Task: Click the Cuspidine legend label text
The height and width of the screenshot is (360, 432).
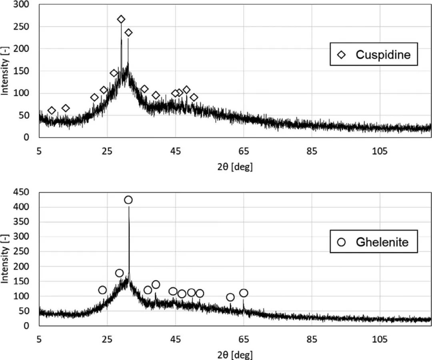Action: coord(383,55)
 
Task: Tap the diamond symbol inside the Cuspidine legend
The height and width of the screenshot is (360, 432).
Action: coord(342,55)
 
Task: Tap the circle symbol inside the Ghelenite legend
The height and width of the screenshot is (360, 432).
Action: coord(341,242)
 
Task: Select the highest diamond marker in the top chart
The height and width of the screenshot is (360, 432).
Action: coord(121,19)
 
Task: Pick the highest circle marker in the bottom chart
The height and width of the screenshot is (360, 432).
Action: coord(128,200)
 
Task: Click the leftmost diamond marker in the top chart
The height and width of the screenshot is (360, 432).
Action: coord(52,111)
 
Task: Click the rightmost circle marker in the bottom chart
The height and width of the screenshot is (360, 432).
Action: coord(244,293)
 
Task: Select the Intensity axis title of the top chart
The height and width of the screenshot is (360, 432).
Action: coord(5,71)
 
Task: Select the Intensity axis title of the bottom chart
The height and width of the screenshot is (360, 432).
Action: coord(5,259)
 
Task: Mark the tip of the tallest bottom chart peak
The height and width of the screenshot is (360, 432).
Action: coord(129,207)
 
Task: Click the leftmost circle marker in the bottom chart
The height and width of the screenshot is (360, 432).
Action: coord(102,290)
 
